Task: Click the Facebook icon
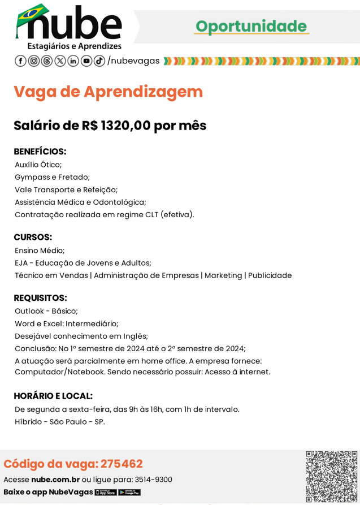pos(20,61)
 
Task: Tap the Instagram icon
pos(33,61)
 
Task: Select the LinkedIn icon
pos(73,61)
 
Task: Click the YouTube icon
pos(86,61)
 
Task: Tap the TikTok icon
pos(99,61)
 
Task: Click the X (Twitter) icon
pos(60,61)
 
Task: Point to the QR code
pos(331,476)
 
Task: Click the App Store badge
pos(106,493)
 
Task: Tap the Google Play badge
pos(129,493)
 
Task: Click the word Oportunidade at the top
pos(251,26)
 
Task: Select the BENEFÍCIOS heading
pos(40,152)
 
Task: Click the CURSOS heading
pos(33,237)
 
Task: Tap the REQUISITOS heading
pos(40,297)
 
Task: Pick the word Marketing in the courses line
pos(223,275)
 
